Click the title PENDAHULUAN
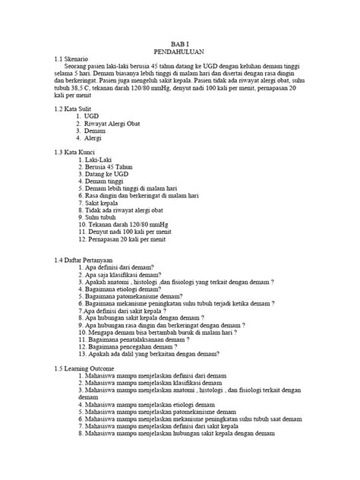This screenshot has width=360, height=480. tap(180, 55)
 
